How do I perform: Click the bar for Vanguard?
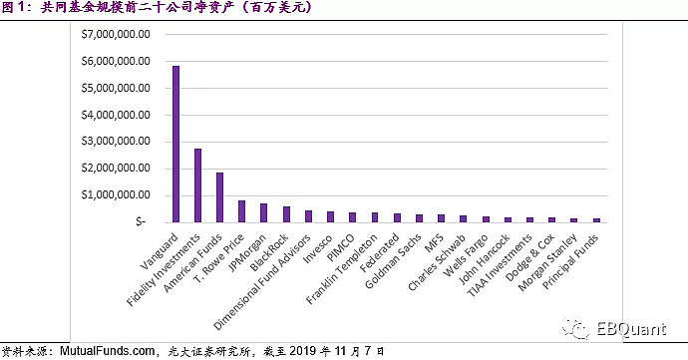(x=175, y=144)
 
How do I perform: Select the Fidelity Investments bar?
(x=197, y=184)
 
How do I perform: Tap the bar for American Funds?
(x=219, y=196)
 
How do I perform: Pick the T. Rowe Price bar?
(x=241, y=210)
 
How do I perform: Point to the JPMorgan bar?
(x=263, y=212)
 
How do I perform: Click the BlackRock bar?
(x=285, y=213)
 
